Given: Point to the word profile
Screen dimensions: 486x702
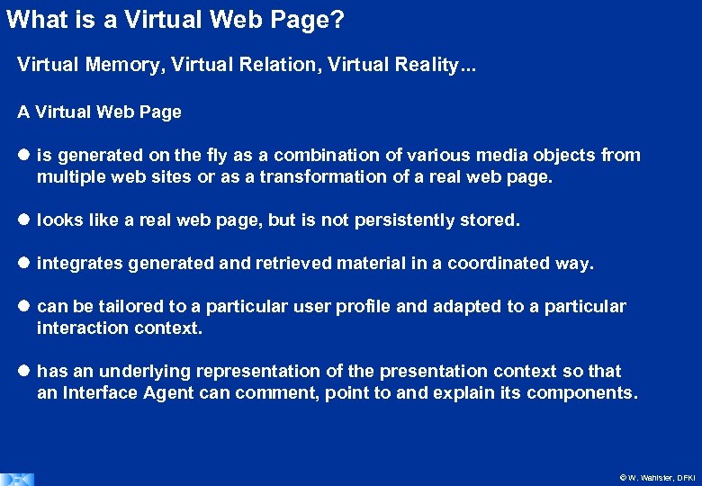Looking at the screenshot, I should tap(363, 306).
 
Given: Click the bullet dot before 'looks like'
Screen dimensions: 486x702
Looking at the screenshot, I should tap(23, 220).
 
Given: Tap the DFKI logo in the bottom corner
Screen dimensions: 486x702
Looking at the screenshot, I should tap(17, 479).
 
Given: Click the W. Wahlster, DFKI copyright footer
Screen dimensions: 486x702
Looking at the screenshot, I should tap(657, 478).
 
